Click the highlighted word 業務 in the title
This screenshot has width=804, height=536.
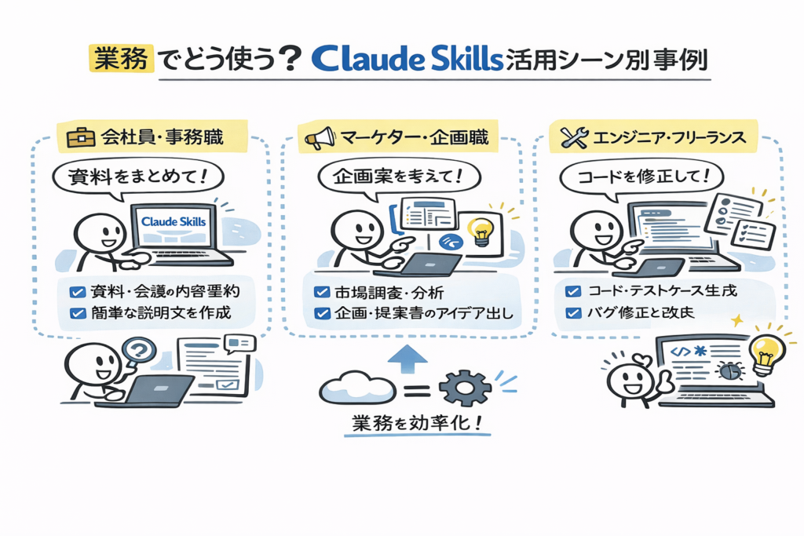(120, 60)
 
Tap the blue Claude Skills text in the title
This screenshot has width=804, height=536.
(407, 60)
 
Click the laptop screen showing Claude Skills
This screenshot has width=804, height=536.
(173, 222)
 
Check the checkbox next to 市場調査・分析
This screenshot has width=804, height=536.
(320, 292)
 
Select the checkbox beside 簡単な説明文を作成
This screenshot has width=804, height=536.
(77, 313)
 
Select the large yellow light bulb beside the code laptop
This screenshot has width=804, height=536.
(766, 352)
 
